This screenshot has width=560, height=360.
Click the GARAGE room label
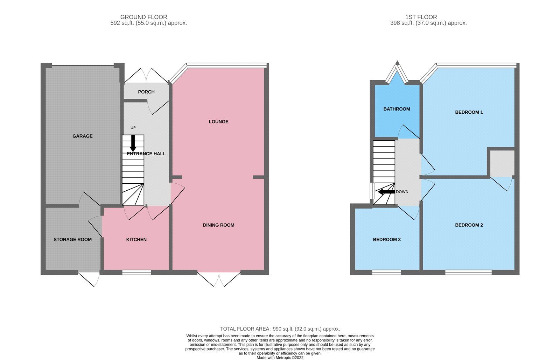tap(83, 136)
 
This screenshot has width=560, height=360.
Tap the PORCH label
tap(146, 92)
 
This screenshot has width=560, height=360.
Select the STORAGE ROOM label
tap(72, 240)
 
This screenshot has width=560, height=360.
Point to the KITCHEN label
tap(136, 240)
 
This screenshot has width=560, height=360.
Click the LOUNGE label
tap(218, 122)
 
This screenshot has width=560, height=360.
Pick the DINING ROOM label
tap(218, 225)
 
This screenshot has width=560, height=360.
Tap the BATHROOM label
tap(397, 109)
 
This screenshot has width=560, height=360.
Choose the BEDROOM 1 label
tap(469, 112)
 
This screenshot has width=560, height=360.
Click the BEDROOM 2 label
tap(469, 225)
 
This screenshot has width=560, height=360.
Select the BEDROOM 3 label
tap(387, 240)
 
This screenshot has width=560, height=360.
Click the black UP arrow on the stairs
tap(133, 143)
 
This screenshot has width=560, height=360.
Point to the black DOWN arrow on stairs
tap(386, 192)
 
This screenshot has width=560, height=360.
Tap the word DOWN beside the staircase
tap(402, 192)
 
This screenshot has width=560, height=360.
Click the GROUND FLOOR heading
tap(143, 17)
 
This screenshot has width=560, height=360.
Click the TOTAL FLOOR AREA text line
tap(280, 329)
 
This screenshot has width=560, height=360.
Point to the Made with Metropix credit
tap(280, 358)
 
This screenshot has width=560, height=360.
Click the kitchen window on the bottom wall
tap(137, 272)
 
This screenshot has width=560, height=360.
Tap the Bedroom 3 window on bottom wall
tap(386, 272)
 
